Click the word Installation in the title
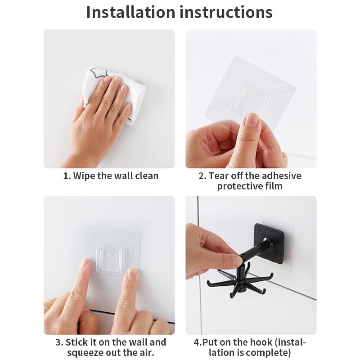click(x=130, y=12)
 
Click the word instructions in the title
click(x=226, y=12)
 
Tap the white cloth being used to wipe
click(x=115, y=94)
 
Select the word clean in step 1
click(x=147, y=176)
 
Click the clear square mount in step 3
click(x=108, y=260)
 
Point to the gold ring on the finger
click(x=48, y=305)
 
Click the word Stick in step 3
click(x=77, y=342)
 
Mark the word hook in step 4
click(x=261, y=342)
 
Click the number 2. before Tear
click(x=202, y=176)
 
